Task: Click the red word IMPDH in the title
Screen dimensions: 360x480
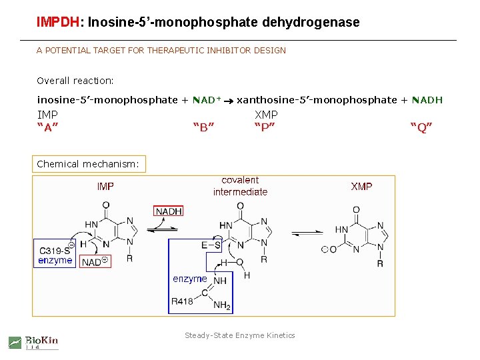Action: pos(58,22)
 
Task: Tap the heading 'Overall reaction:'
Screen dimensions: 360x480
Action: pos(75,81)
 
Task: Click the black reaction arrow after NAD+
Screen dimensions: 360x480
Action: pos(228,101)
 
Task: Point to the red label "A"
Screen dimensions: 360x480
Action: pos(47,128)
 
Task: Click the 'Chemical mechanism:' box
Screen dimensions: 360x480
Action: pos(88,164)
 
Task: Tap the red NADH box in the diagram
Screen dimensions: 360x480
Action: pos(169,211)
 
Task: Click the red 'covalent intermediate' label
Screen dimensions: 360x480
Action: pos(240,186)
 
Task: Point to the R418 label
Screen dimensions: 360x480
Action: pos(182,301)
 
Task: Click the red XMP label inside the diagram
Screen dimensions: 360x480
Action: pos(362,187)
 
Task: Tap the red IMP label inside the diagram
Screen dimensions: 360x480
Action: pos(105,187)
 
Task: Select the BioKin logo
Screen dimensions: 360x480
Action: pos(33,342)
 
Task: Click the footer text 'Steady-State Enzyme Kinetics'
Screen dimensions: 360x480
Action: pos(240,335)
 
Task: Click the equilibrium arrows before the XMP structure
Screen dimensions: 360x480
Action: pos(307,233)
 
